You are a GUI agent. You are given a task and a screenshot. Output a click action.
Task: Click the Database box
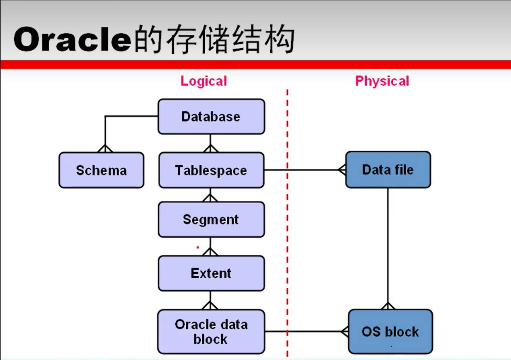211,117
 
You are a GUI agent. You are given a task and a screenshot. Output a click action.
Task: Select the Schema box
101,170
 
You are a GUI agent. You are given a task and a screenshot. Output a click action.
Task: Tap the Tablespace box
211,170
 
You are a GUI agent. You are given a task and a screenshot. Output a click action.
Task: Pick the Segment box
211,219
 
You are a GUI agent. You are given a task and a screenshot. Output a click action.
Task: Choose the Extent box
211,273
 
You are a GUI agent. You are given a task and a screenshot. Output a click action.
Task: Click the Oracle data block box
211,331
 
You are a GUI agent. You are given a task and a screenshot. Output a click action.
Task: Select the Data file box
388,169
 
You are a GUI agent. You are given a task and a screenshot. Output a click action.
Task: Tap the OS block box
390,331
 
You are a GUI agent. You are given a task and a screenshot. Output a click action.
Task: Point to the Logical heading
203,81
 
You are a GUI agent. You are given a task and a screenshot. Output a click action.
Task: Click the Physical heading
382,81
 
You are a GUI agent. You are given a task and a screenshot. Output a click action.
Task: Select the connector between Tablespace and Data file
307,170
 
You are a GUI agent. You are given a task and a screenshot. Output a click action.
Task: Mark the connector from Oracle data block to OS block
307,331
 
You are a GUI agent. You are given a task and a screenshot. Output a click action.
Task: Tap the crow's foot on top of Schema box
105,148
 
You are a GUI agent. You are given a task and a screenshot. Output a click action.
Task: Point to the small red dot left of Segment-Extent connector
198,248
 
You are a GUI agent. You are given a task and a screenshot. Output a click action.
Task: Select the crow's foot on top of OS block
388,306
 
